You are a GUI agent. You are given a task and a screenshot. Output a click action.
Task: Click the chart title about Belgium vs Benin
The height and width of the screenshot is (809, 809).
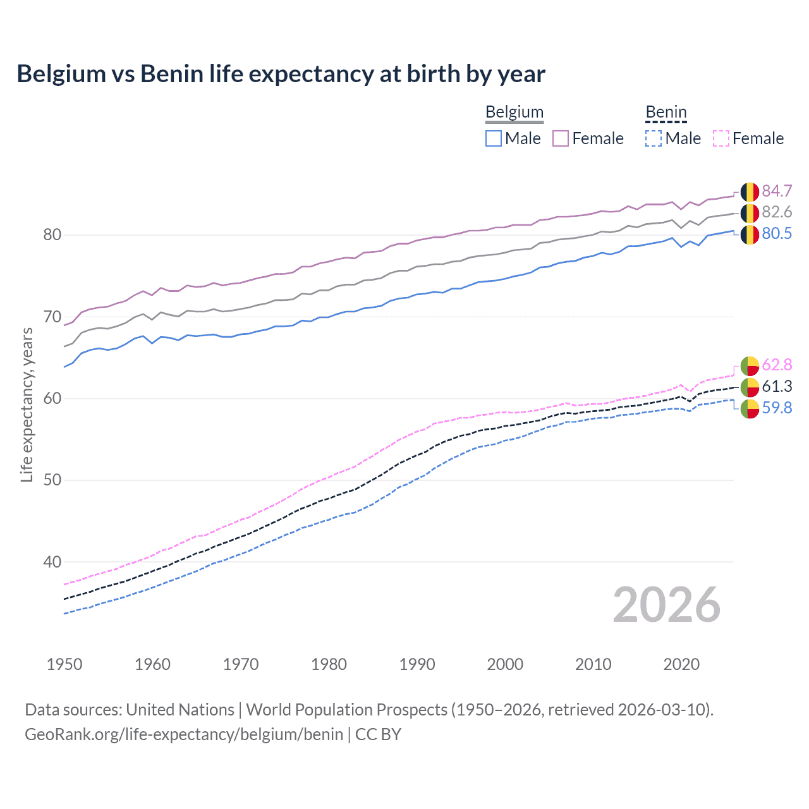[281, 74]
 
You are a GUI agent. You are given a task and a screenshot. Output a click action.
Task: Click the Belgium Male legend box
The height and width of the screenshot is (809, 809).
[494, 138]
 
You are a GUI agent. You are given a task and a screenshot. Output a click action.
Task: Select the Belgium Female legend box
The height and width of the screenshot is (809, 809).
[561, 138]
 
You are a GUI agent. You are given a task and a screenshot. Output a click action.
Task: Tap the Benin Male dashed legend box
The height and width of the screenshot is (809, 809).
[654, 138]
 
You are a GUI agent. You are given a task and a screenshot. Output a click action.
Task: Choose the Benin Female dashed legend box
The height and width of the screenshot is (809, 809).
[721, 138]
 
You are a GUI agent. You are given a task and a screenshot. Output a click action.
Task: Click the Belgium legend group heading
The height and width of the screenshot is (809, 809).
[514, 112]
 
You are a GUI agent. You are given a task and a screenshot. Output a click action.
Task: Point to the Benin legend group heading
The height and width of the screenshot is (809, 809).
[666, 112]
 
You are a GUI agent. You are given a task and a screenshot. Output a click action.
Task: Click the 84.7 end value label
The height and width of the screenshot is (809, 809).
[777, 191]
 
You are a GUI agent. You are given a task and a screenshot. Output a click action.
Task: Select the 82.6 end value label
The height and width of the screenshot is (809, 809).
[777, 212]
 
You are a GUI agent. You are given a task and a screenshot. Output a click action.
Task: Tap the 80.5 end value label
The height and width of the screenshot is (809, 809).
[777, 233]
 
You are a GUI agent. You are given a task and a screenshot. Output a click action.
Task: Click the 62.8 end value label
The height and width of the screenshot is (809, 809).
[777, 365]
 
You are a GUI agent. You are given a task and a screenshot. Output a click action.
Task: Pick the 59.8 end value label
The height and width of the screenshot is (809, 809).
[777, 408]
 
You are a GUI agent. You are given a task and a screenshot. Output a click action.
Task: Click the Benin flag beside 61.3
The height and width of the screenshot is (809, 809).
[750, 387]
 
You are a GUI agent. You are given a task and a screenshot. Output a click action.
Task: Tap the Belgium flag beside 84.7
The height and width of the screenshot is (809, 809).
[750, 192]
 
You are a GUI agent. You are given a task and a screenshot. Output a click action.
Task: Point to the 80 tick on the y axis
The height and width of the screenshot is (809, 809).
[52, 234]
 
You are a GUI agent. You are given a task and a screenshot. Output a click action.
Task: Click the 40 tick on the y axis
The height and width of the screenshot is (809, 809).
[52, 562]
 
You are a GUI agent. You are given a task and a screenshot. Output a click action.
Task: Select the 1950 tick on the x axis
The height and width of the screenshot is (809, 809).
[64, 664]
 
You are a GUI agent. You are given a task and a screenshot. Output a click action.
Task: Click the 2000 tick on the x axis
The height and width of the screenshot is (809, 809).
[505, 664]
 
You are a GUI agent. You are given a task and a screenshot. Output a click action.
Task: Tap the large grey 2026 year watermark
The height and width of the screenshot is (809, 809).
[666, 605]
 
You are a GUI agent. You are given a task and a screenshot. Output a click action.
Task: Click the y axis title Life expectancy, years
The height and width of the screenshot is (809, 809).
[27, 404]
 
